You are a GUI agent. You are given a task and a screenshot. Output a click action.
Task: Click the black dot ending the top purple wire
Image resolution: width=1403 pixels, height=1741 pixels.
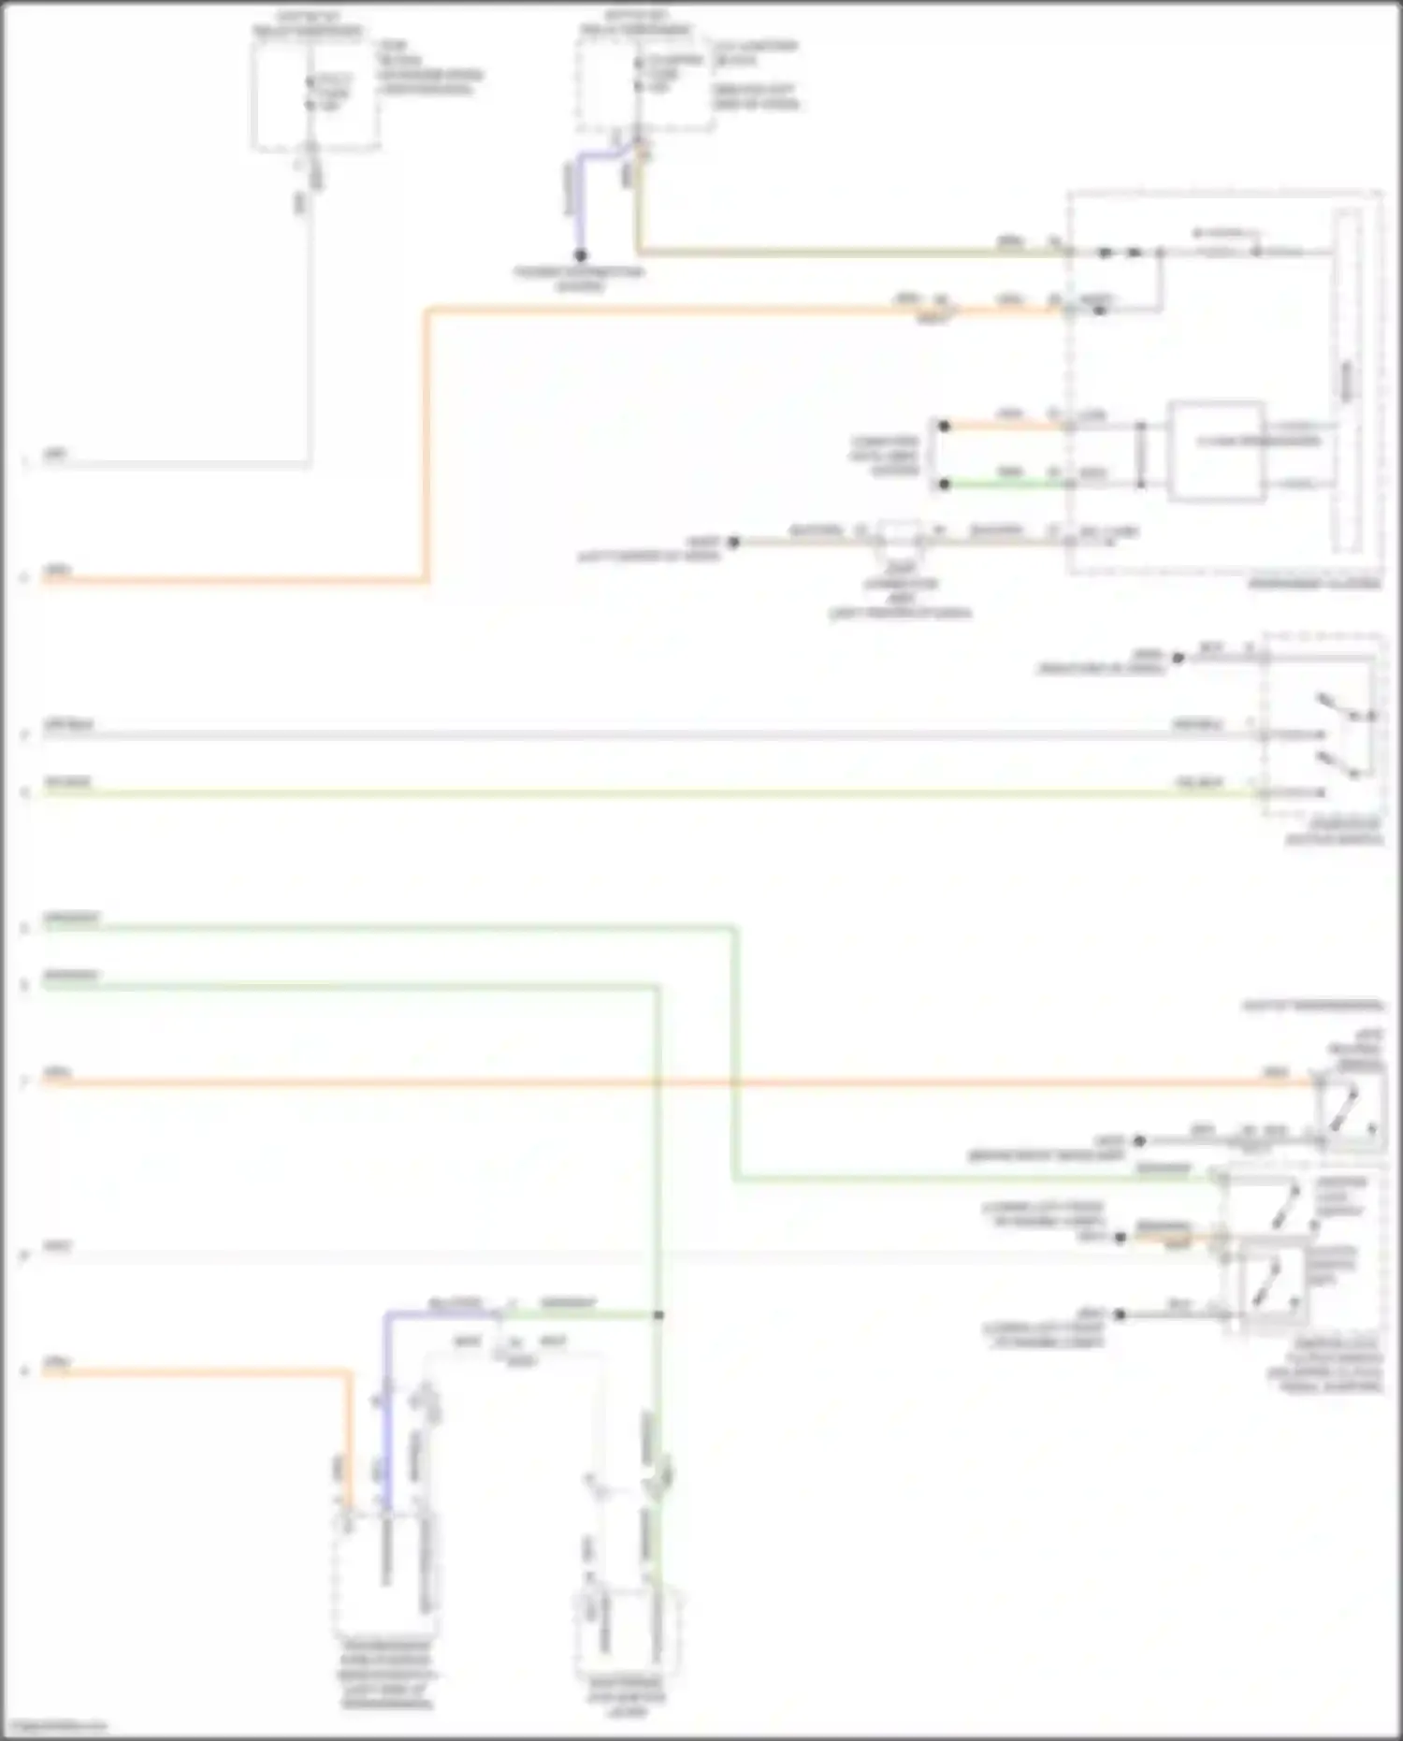(580, 255)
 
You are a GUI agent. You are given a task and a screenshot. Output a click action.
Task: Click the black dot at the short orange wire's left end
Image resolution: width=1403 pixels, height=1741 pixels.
(945, 427)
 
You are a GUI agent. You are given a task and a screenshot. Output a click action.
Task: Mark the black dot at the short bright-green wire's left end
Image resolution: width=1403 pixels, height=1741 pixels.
(945, 485)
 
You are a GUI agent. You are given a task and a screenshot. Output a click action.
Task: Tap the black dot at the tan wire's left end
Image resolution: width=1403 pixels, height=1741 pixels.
(734, 542)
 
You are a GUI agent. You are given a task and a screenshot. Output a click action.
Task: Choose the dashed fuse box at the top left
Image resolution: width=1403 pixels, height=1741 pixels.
(315, 94)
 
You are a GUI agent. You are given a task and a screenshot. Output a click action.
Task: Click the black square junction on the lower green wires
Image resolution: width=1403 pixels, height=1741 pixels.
(658, 1315)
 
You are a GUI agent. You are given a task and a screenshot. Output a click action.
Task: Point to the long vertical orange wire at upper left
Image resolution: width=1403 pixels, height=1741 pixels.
(427, 444)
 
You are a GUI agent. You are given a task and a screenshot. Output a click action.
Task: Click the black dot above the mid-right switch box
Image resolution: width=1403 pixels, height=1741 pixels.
(1179, 658)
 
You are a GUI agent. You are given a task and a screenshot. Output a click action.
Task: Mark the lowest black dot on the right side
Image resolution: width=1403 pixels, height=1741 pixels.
(1120, 1314)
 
